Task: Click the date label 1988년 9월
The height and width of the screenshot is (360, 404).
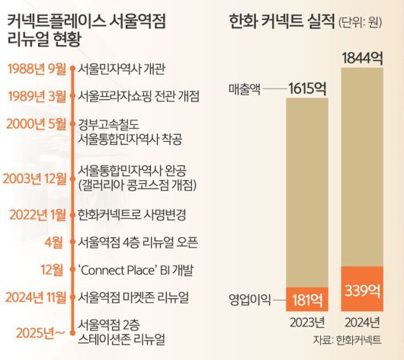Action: [x=37, y=69]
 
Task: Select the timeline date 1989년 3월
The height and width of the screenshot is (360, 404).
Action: [x=37, y=96]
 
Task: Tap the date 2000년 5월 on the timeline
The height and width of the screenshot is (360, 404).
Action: [x=37, y=124]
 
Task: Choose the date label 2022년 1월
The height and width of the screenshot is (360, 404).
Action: [x=37, y=214]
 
